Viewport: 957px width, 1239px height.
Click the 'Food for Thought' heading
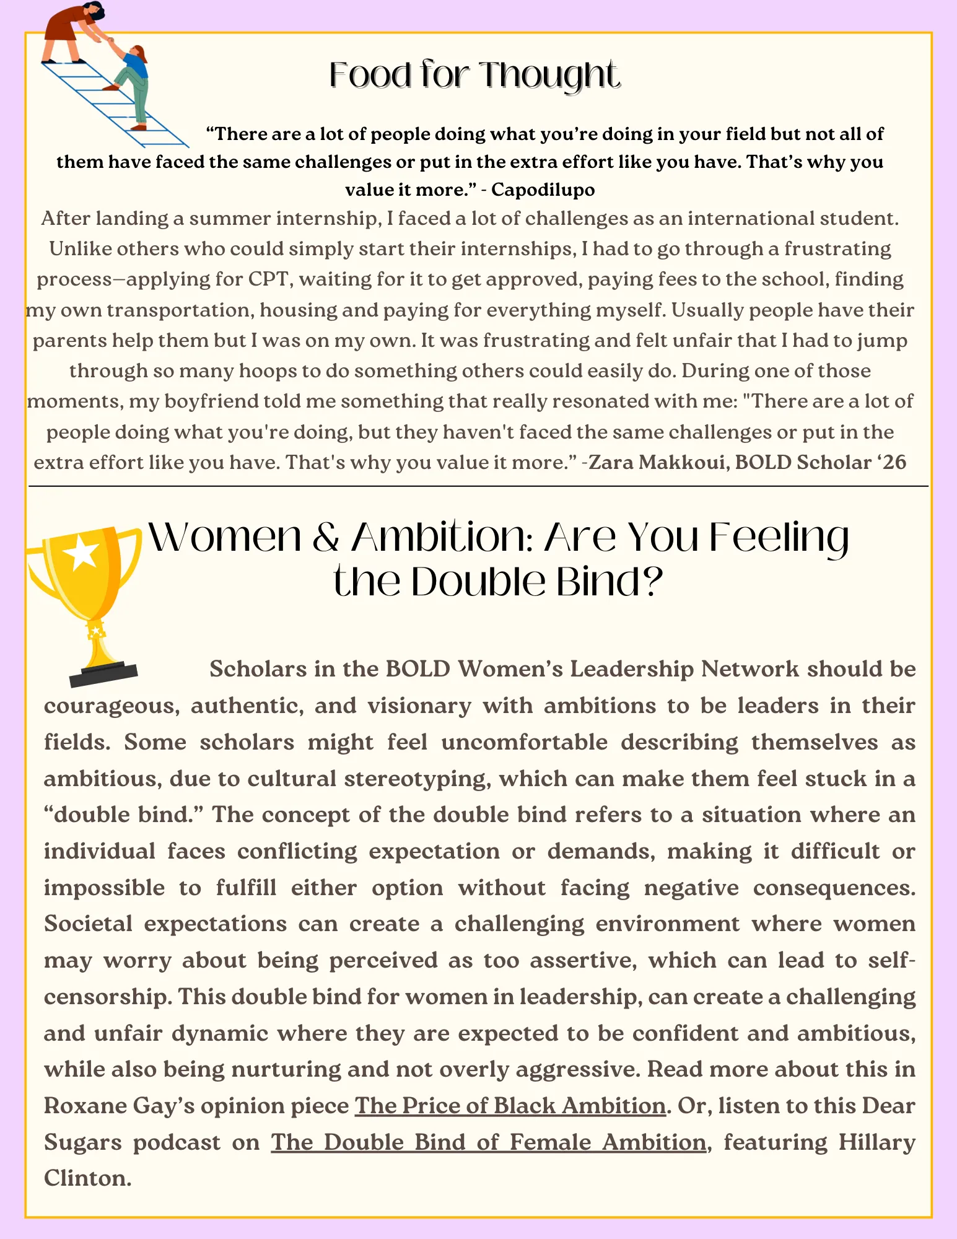point(474,76)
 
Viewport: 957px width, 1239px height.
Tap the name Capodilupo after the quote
point(543,190)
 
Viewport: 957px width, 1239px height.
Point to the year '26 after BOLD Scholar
point(893,463)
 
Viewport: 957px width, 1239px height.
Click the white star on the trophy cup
point(82,553)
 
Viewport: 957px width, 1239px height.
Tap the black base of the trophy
point(103,674)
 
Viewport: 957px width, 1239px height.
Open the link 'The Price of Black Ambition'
point(510,1106)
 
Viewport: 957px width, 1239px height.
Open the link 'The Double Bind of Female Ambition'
point(488,1142)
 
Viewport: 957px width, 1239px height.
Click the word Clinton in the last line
point(87,1178)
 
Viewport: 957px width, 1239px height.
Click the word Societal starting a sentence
point(88,924)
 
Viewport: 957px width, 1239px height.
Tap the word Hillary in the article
point(876,1142)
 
